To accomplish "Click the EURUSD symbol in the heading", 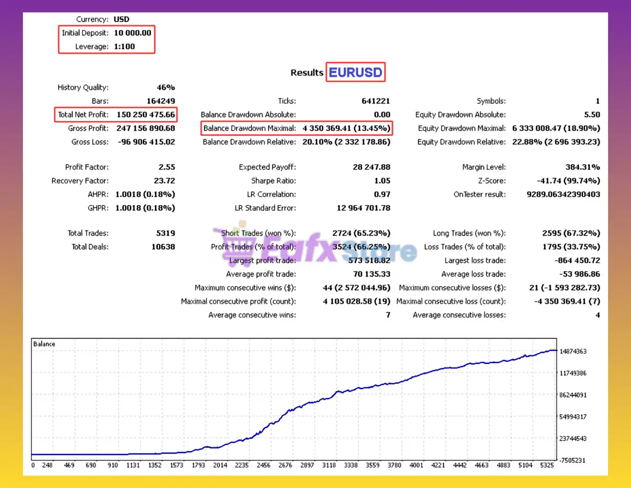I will click(x=355, y=72).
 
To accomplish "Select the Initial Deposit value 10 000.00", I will click(x=133, y=33).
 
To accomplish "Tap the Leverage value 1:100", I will click(x=124, y=46).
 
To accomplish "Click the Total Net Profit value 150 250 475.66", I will click(x=145, y=114).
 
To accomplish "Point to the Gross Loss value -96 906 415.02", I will click(x=146, y=141).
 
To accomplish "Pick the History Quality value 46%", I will click(x=166, y=87).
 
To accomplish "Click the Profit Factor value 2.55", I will click(x=167, y=167).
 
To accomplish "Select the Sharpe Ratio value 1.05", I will click(x=382, y=181).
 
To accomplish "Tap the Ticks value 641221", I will click(x=376, y=101).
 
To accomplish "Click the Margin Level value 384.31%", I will click(x=583, y=167).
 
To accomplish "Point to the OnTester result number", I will click(x=563, y=194).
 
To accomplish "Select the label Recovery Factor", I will click(x=80, y=181).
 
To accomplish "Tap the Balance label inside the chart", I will click(x=44, y=344).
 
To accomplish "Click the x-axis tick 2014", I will click(x=220, y=465).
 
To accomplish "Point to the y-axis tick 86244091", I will click(x=573, y=395).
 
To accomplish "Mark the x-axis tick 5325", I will click(x=547, y=465).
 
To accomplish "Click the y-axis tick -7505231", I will click(x=573, y=460).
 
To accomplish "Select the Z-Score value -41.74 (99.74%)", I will click(x=568, y=181).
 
